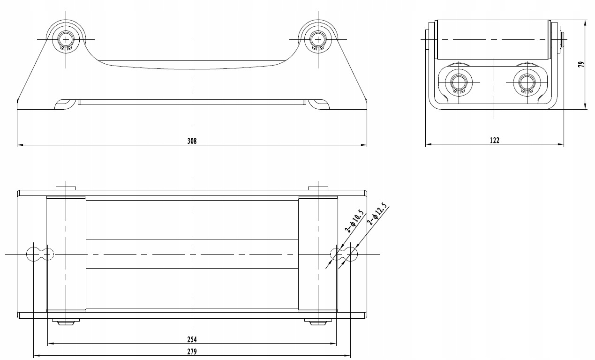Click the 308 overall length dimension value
[x=192, y=141]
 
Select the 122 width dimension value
[x=494, y=140]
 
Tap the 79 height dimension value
[x=581, y=64]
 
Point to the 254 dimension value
[x=192, y=339]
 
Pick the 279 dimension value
[x=192, y=352]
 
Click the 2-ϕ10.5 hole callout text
[x=354, y=221]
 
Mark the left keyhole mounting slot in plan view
[x=40, y=254]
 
